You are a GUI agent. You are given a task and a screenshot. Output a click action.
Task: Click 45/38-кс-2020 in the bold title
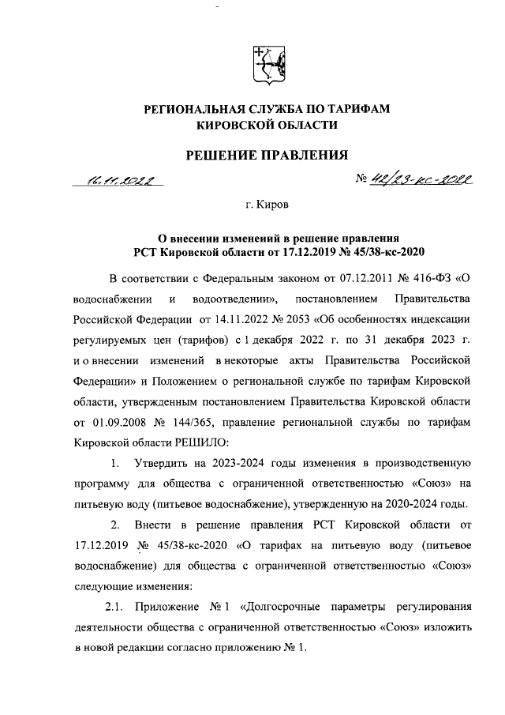coord(385,252)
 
